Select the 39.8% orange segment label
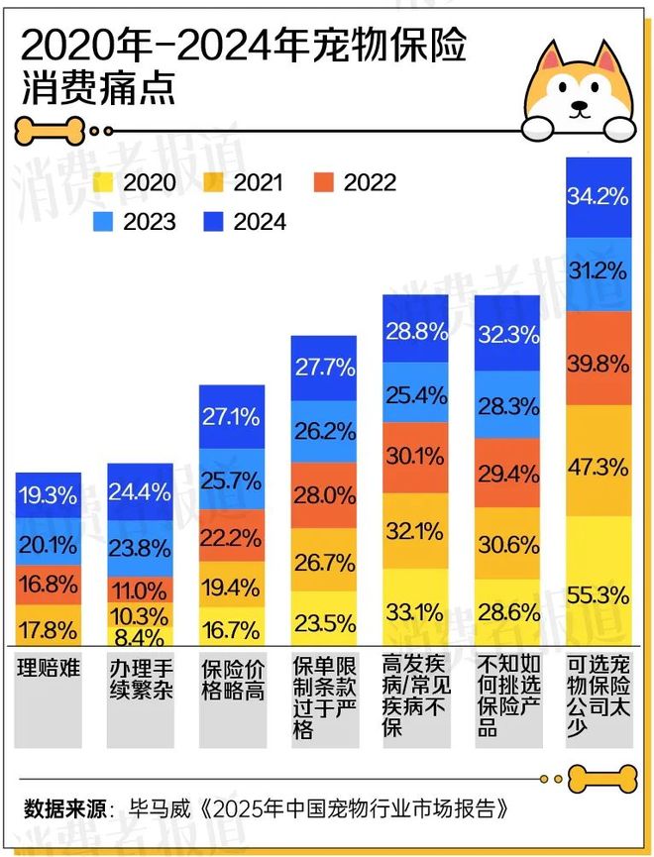tap(598, 364)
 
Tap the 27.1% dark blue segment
tap(232, 415)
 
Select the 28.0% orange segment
tap(323, 495)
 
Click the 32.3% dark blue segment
tap(507, 334)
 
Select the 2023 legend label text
tap(150, 222)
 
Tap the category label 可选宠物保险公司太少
tap(598, 694)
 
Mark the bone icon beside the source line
tap(606, 779)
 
